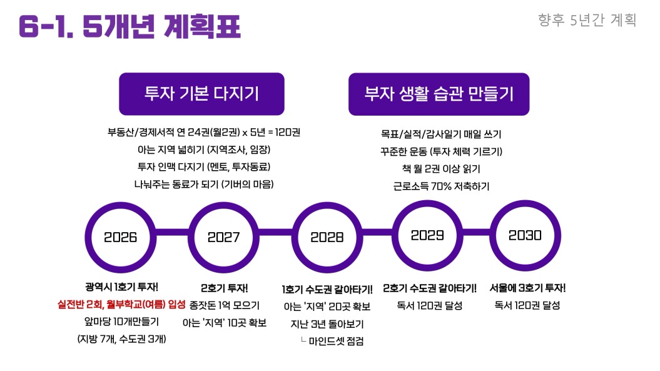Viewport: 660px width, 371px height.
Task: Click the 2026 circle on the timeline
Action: coord(121,237)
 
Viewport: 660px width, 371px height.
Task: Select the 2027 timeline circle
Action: coord(224,237)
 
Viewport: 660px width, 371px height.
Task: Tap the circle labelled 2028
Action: coord(327,237)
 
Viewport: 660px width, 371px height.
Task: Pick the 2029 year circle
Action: coord(427,235)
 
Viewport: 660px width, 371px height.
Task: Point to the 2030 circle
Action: coord(525,235)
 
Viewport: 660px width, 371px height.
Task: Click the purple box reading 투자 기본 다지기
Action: coord(201,94)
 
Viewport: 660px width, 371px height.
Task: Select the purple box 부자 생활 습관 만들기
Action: coord(439,94)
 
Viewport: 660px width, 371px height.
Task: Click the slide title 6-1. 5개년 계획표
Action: coord(129,26)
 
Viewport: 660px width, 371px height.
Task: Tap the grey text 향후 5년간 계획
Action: coord(587,20)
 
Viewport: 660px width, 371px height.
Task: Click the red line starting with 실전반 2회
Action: coord(121,305)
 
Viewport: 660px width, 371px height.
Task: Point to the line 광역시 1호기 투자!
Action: coord(121,287)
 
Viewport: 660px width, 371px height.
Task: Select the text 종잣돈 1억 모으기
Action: coord(224,306)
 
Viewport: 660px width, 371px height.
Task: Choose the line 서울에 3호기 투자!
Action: coord(527,288)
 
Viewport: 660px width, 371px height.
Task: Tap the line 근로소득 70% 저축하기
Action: coord(441,186)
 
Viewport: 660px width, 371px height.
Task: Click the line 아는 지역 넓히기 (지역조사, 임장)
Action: coord(204,150)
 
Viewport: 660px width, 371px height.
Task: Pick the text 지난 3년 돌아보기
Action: coord(327,323)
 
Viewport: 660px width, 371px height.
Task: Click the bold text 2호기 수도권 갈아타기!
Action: coord(430,288)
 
